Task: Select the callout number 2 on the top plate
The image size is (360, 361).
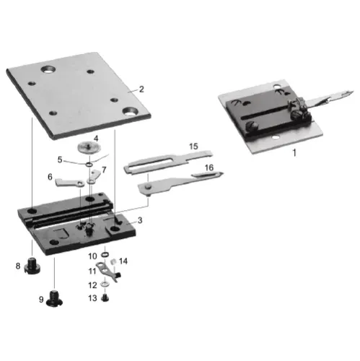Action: pos(141,90)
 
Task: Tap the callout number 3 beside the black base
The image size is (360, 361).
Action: pos(139,219)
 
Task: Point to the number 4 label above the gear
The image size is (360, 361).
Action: pos(95,138)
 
